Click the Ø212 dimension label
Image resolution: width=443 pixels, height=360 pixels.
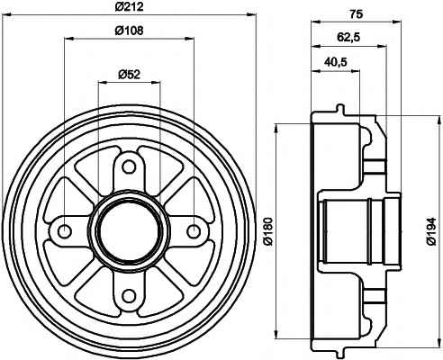tap(129, 6)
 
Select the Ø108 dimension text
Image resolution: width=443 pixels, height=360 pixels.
tap(129, 31)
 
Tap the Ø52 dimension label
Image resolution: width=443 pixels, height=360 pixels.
tap(130, 74)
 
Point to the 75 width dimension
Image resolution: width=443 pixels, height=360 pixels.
tap(357, 13)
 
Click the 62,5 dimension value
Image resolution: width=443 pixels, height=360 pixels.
tap(348, 38)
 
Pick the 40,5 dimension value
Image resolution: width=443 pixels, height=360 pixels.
tap(336, 62)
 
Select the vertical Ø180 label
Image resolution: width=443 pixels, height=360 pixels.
tap(268, 231)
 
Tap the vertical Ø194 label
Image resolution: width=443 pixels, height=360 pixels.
tap(431, 231)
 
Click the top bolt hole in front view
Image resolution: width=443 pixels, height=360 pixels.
tap(129, 166)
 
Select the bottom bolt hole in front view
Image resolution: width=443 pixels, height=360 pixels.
tap(129, 296)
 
